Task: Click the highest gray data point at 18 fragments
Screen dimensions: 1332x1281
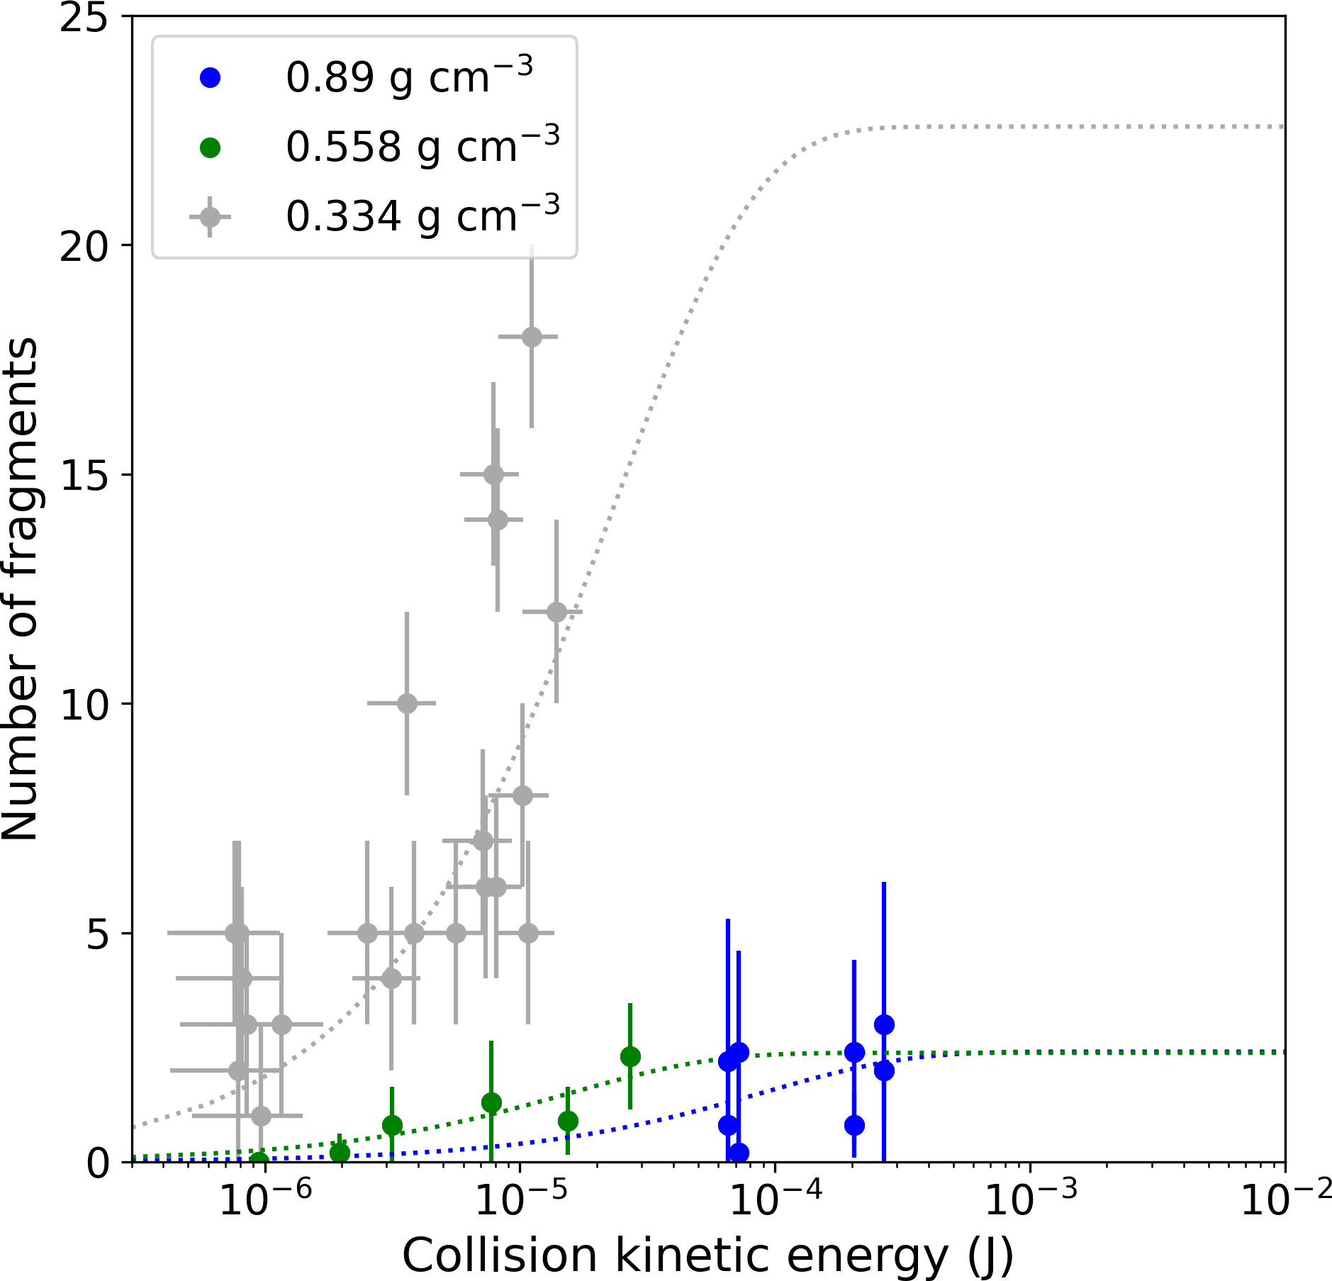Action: (532, 337)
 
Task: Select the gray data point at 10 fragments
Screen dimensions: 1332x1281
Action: (407, 703)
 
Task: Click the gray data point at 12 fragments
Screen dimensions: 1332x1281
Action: (556, 612)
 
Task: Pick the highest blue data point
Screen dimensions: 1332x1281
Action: (884, 1024)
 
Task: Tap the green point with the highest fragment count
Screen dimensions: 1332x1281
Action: (630, 1056)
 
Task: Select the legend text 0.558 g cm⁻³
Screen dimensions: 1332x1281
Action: (423, 147)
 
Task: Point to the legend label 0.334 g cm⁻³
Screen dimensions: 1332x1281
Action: (423, 216)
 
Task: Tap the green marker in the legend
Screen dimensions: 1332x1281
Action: (211, 147)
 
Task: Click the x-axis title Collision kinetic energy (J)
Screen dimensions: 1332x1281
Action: (707, 1255)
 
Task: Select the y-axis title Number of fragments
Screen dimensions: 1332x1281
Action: (20, 588)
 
